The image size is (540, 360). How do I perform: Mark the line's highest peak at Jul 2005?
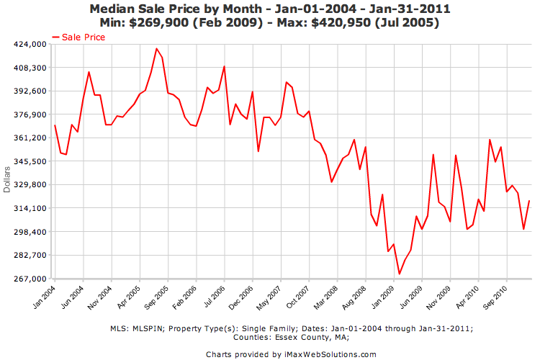click(x=156, y=49)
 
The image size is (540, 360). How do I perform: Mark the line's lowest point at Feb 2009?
click(x=399, y=274)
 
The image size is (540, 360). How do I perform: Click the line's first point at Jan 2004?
click(x=55, y=125)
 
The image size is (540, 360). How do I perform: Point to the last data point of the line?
click(x=529, y=201)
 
